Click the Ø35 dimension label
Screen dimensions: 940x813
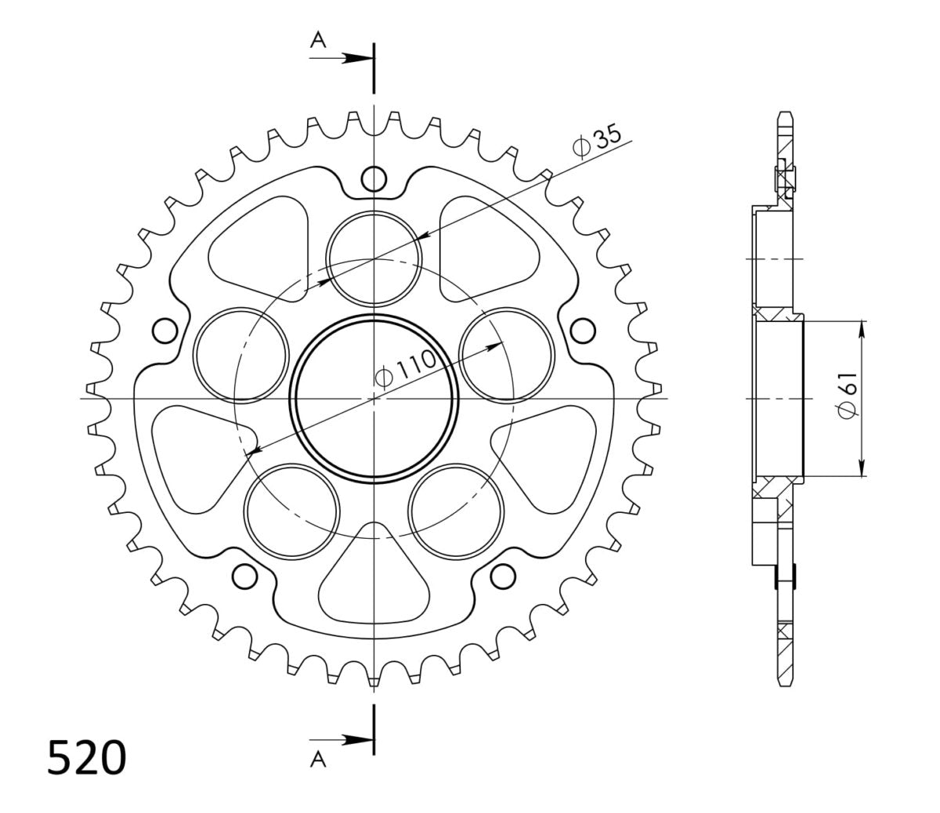[x=597, y=140]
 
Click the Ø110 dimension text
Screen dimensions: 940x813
[x=405, y=370]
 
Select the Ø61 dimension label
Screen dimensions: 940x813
[x=848, y=395]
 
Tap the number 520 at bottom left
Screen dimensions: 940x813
[x=86, y=757]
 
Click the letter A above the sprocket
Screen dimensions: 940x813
[x=318, y=40]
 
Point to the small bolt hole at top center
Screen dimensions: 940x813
[x=374, y=179]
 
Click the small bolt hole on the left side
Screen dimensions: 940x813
[x=164, y=331]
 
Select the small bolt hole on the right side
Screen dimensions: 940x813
[x=583, y=331]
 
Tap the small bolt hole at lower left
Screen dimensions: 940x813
[x=244, y=576]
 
